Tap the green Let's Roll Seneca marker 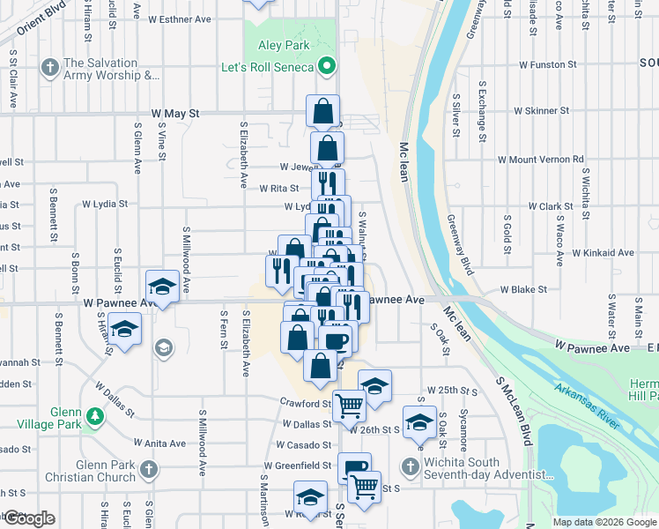pos(327,67)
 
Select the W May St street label pos(176,114)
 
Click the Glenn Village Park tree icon pos(93,415)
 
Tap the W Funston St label pos(547,64)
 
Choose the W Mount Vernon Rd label pos(540,160)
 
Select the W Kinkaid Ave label pos(603,252)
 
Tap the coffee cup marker pos(336,340)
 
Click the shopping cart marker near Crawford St pos(350,406)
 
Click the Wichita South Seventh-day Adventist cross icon pos(410,466)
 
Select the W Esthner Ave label pos(180,19)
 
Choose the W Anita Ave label pos(159,443)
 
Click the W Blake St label pos(524,288)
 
